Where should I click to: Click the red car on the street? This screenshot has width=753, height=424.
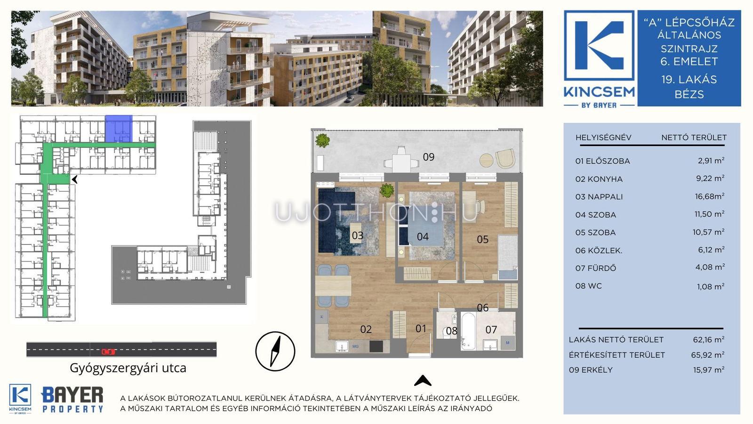coord(108,351)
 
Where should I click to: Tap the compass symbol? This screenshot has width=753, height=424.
coord(275,351)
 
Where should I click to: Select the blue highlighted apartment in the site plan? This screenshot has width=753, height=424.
coord(119,129)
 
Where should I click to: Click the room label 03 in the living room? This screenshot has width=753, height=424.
coord(357,235)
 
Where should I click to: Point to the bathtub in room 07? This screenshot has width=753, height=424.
coord(468,331)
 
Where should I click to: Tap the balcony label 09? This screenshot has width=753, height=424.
coord(429,157)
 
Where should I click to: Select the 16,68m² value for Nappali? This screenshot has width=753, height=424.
coord(709,196)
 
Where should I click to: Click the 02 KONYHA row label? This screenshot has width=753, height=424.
coord(599,179)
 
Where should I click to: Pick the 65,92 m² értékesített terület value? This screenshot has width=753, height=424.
coord(708,354)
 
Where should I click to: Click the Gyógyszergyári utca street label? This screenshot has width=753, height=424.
coord(128,368)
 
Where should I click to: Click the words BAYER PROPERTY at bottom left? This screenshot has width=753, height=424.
coord(72,400)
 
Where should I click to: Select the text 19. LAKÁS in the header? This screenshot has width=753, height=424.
coord(689,80)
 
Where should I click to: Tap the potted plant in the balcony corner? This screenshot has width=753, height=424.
coord(322,140)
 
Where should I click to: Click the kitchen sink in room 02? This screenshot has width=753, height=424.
coord(342,346)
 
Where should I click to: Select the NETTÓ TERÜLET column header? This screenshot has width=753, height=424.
coord(694,137)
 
